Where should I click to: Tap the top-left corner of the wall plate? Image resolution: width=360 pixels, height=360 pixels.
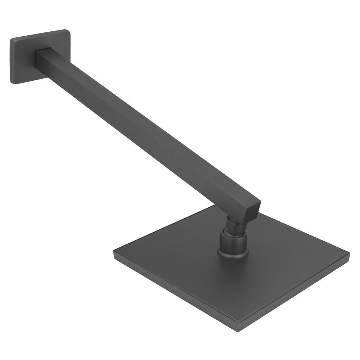[12, 39]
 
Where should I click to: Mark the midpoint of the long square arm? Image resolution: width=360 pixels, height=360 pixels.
[148, 130]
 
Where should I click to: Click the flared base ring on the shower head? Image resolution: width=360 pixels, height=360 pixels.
[233, 254]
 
